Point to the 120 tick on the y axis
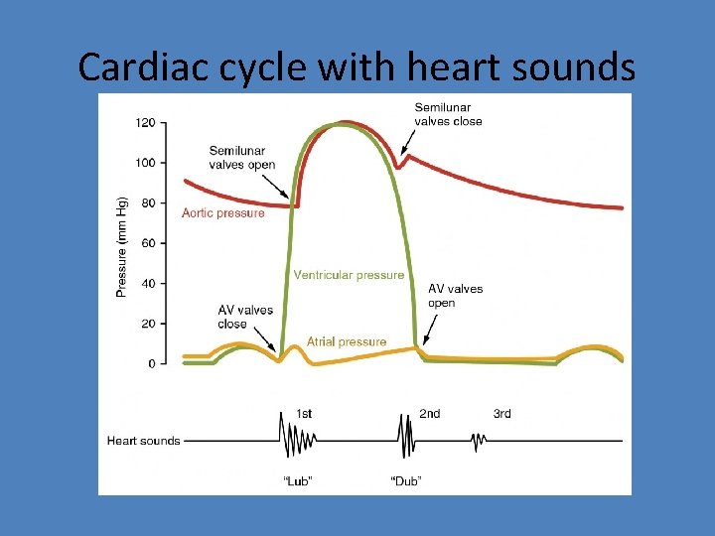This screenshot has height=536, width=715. [x=145, y=123]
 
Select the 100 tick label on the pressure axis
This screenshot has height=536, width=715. [x=145, y=163]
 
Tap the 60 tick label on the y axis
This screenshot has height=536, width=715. [x=148, y=243]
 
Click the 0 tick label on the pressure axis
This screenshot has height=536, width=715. [x=151, y=364]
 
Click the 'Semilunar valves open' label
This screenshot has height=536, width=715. [x=241, y=158]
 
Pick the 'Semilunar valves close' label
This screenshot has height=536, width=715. [x=448, y=114]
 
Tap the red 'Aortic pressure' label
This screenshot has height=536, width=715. [x=223, y=212]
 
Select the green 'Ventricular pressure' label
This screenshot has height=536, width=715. [x=349, y=275]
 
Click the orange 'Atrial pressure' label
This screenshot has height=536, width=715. [x=347, y=341]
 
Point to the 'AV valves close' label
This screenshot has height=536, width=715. [x=245, y=317]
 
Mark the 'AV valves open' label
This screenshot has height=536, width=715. [x=455, y=296]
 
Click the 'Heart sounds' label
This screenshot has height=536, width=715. [x=144, y=440]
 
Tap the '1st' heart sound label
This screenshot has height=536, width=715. [x=304, y=414]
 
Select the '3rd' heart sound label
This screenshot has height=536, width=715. [x=502, y=414]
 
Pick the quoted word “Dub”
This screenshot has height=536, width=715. [x=405, y=481]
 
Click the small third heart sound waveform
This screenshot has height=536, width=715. [x=480, y=440]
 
